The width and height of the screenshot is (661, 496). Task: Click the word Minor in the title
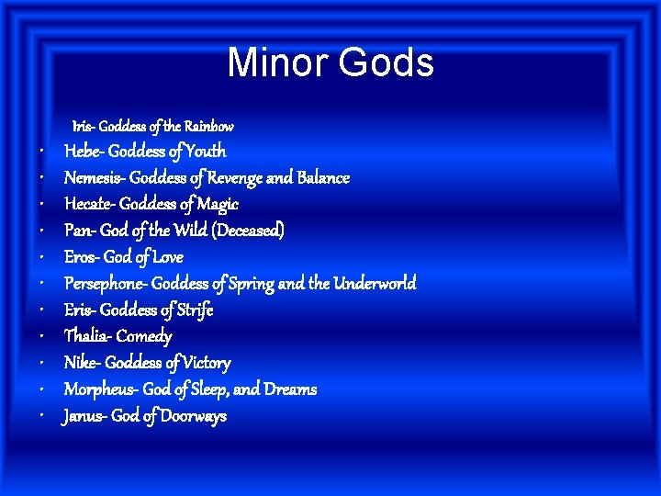pos(278,62)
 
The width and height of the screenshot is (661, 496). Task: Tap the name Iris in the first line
pos(82,126)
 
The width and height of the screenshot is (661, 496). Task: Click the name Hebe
pos(83,152)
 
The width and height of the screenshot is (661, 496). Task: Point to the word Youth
pos(205,152)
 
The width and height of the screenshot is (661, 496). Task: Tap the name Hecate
pos(89,205)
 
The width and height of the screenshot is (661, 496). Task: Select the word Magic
pos(217,205)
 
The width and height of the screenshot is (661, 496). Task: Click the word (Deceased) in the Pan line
pos(248,231)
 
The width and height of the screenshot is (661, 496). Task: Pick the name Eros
pos(81,257)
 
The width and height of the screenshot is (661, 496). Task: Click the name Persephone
pos(104,284)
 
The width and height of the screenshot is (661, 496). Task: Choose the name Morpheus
pos(98,389)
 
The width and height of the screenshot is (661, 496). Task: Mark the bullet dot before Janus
pos(44,417)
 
